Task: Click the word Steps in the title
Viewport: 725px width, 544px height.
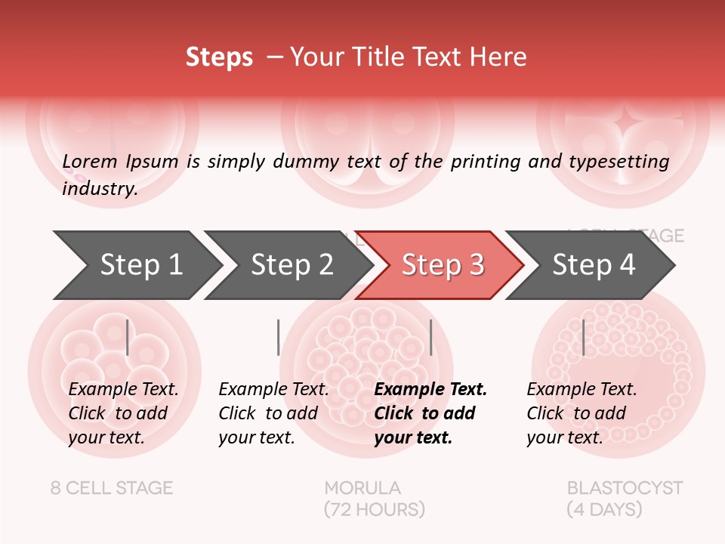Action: [x=219, y=57]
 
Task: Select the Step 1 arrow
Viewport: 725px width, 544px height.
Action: [x=140, y=264]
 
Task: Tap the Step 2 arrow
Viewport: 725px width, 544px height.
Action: [x=292, y=264]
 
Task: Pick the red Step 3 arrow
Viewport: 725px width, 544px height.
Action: [x=443, y=264]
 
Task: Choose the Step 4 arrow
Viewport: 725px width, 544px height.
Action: [x=594, y=264]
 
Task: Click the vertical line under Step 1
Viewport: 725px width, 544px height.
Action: [x=127, y=337]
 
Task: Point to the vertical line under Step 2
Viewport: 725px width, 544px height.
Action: [x=279, y=337]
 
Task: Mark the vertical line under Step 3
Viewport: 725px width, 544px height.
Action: [x=430, y=337]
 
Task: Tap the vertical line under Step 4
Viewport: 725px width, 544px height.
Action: [x=583, y=337]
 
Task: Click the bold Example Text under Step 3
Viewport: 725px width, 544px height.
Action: [x=430, y=413]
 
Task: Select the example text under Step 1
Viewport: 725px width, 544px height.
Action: [x=123, y=413]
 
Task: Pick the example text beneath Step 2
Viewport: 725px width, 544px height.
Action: [x=273, y=413]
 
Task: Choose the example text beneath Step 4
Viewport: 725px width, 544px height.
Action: [x=582, y=413]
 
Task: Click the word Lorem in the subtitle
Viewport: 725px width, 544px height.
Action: [x=90, y=161]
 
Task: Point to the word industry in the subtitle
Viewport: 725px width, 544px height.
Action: [x=100, y=188]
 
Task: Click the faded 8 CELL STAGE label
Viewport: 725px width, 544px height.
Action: [x=112, y=488]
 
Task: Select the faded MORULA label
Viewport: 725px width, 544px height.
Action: [x=362, y=488]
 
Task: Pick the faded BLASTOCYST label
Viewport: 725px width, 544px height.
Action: [x=625, y=488]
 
